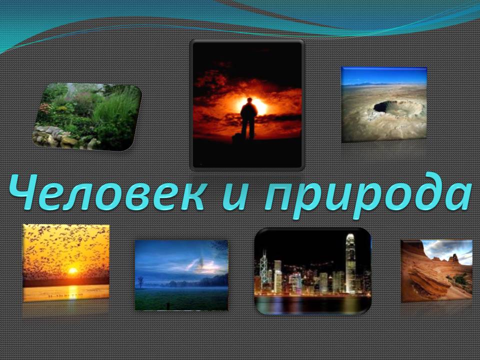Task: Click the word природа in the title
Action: pos(367,196)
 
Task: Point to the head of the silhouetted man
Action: pos(249,100)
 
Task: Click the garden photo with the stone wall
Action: pos(87,116)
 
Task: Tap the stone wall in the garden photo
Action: pos(61,137)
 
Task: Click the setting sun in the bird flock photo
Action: pos(73,270)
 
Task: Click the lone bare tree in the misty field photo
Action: pos(140,282)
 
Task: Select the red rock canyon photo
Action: pos(436,271)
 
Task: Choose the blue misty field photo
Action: pos(181,275)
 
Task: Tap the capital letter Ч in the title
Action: pos(24,192)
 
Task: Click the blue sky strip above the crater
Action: pos(384,75)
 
